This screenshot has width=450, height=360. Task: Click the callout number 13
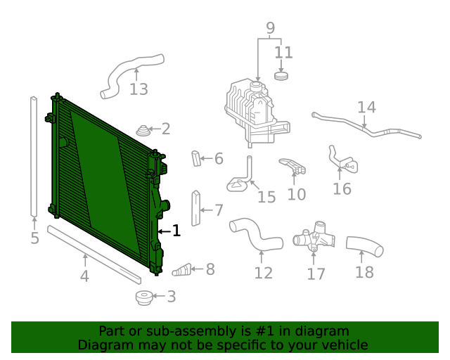139,89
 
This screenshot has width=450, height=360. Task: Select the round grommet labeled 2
144,130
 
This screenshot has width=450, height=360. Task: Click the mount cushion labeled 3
144,297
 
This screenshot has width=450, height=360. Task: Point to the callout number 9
270,29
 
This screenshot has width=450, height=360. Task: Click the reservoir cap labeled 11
282,75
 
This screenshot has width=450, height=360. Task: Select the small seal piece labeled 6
196,158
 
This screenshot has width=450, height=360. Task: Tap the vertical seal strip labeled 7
196,209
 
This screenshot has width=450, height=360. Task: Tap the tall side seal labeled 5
33,156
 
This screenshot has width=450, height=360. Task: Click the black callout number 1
176,231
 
